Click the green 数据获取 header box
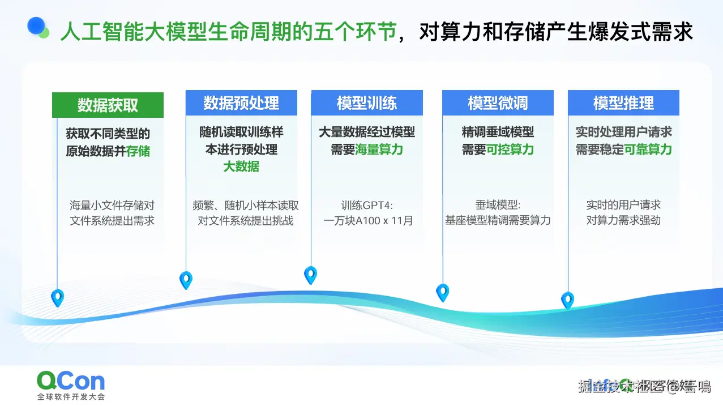click(108, 105)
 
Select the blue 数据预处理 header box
click(241, 103)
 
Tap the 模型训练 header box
click(367, 103)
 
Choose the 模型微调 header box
click(498, 103)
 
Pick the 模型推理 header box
click(623, 103)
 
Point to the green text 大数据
click(241, 166)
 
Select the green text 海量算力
click(379, 149)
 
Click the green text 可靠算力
click(648, 149)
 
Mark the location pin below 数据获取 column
click(57, 297)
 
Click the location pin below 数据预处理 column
click(186, 279)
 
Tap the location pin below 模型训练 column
click(310, 275)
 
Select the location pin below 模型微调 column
click(442, 292)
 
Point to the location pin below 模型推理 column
click(567, 300)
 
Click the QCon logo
click(71, 381)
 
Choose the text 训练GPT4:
click(367, 205)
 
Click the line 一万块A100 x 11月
click(368, 221)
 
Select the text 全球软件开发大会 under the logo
click(71, 396)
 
